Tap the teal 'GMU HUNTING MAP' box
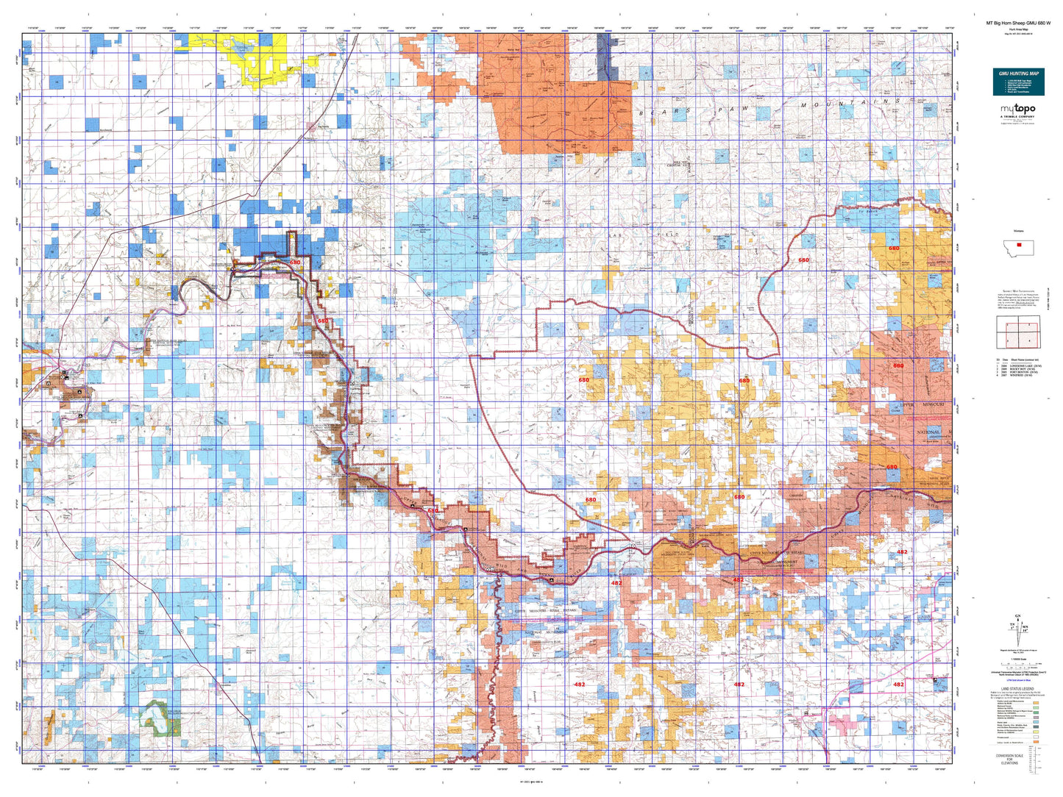tap(1018, 82)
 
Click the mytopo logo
tap(1018, 111)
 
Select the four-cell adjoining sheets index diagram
tap(1017, 332)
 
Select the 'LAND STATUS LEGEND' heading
tap(1018, 689)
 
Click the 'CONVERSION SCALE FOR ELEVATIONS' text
tap(1009, 758)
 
